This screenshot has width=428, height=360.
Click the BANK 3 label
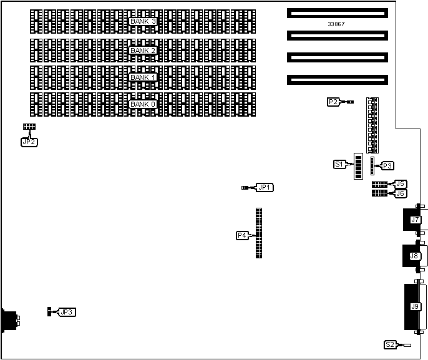click(x=142, y=21)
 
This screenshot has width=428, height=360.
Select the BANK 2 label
click(x=142, y=50)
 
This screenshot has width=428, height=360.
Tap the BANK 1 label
click(x=142, y=77)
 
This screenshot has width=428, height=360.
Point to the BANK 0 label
click(x=142, y=104)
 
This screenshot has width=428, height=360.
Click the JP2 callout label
click(x=29, y=142)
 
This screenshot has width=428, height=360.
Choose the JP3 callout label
click(x=67, y=312)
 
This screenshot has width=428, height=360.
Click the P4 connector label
click(x=242, y=235)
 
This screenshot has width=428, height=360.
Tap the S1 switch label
click(x=339, y=165)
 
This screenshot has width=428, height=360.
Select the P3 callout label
click(x=387, y=166)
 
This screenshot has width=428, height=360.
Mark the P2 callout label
click(x=333, y=101)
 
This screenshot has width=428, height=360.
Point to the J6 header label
click(x=400, y=193)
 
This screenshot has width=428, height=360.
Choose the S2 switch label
click(x=389, y=344)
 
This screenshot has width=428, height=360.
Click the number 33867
click(x=336, y=24)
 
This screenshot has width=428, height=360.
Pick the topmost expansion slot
click(x=337, y=12)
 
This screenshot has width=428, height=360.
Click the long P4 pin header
click(x=259, y=233)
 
